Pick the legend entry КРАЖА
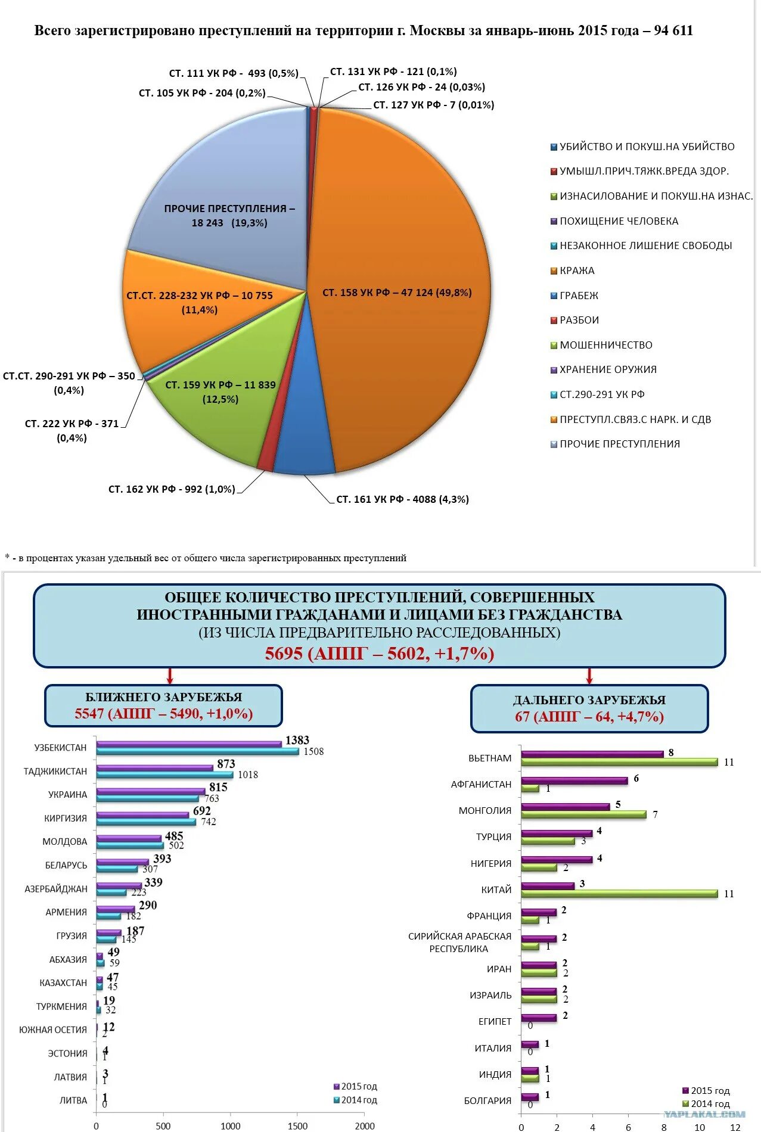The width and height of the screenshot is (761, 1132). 576,270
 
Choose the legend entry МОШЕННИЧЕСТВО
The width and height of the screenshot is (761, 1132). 605,345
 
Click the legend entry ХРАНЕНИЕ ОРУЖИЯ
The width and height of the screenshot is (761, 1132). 607,369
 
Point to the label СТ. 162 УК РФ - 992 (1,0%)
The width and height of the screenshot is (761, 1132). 172,489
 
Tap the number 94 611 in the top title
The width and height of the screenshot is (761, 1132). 673,30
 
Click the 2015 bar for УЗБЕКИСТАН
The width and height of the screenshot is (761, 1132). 188,744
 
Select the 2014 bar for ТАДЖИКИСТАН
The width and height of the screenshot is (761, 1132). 164,775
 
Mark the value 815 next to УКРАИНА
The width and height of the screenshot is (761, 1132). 218,788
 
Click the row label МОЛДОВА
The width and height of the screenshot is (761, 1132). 64,841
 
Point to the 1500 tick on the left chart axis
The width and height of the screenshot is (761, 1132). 297,1125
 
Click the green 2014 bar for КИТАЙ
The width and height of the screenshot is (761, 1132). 619,893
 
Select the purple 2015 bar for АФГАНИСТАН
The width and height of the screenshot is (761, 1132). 574,780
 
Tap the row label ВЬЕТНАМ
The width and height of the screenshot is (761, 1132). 490,758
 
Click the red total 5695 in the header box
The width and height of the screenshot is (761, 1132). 284,654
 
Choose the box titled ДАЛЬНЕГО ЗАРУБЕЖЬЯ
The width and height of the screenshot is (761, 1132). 589,708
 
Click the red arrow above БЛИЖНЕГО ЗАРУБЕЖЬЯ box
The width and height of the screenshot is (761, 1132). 170,676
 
